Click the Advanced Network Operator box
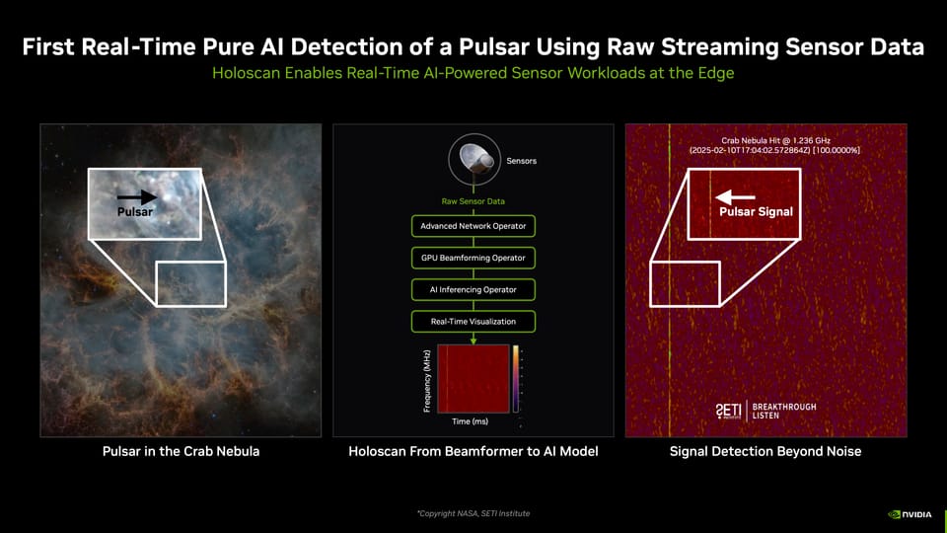click(473, 226)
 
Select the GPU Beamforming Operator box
click(473, 258)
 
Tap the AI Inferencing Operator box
click(473, 289)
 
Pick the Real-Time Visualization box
click(473, 321)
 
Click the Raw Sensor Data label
click(473, 201)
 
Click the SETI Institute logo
click(728, 410)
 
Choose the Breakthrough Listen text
click(784, 411)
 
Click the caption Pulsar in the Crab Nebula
click(181, 452)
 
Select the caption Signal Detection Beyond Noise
click(765, 452)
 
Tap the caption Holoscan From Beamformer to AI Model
click(473, 452)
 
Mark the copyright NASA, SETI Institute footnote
click(473, 513)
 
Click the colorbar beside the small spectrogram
click(516, 378)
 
